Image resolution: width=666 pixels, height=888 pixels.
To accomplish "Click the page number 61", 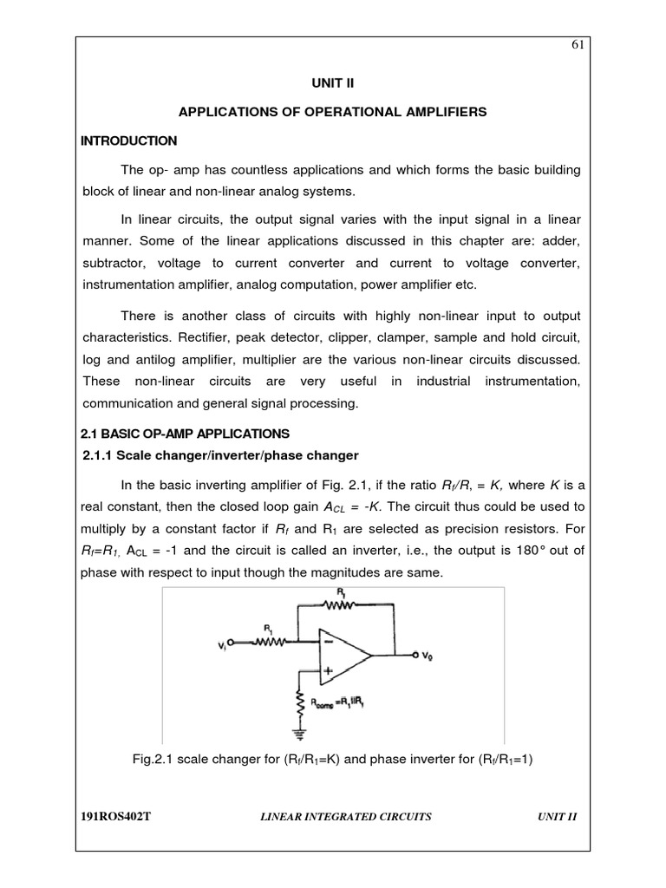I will click(577, 46).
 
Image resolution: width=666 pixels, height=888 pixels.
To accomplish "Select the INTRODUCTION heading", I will click(129, 140).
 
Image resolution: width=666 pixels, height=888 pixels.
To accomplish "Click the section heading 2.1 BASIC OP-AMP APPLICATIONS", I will click(186, 433).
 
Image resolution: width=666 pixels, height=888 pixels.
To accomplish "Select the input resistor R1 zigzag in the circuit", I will click(270, 643).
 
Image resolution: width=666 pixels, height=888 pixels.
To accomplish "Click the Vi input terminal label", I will click(224, 644).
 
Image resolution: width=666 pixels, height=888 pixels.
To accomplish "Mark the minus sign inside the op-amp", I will click(329, 643).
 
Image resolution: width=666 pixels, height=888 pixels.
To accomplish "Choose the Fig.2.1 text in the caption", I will click(149, 759).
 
